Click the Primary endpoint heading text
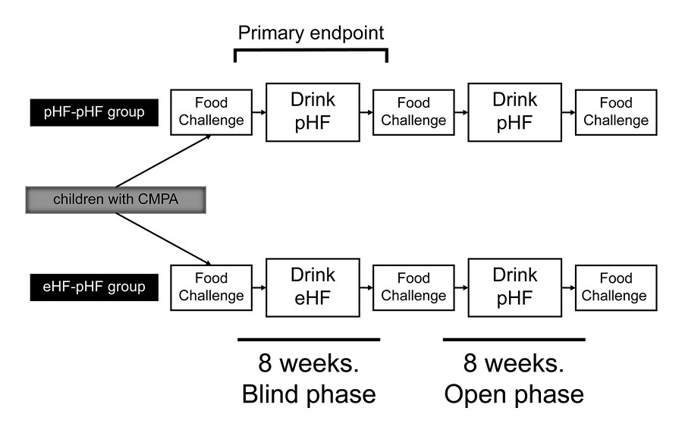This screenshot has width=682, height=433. [311, 33]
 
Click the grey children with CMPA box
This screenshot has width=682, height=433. [116, 200]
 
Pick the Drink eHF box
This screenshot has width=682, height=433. [312, 286]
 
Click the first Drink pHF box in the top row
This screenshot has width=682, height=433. [312, 112]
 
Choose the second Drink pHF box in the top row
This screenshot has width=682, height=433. [515, 112]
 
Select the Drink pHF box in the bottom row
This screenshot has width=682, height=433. [515, 286]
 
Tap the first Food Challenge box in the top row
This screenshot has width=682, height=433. [211, 112]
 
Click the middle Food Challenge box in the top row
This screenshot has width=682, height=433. [413, 112]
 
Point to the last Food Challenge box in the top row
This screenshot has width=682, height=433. [615, 112]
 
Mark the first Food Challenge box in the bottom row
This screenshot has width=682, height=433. [211, 287]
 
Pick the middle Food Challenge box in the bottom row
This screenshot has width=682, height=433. [413, 287]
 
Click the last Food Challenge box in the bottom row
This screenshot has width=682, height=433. [615, 287]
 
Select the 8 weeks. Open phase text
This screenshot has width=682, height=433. [514, 379]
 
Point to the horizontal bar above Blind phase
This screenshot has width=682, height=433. [308, 339]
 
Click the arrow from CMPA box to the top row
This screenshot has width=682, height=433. [162, 162]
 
